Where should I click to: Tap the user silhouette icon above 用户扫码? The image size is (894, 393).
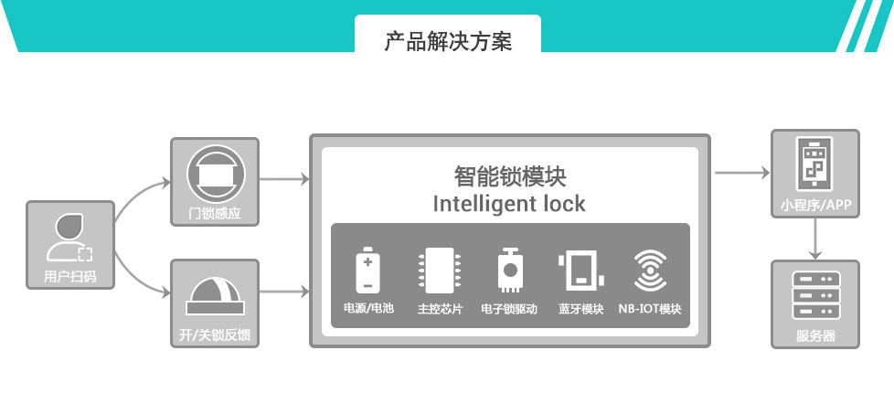click(70, 239)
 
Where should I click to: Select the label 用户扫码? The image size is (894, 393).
click(70, 275)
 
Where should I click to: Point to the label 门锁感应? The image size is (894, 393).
click(214, 216)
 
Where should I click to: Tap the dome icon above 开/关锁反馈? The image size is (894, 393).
click(214, 292)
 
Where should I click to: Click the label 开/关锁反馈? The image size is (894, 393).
click(214, 335)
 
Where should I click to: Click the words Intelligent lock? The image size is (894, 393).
click(509, 203)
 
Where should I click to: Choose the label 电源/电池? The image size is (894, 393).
click(368, 309)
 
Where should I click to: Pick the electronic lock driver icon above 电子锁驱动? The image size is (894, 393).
click(509, 270)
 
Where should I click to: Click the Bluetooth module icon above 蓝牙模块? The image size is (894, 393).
click(580, 270)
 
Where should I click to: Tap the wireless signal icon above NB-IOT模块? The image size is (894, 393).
click(649, 271)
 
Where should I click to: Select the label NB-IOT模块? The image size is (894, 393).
click(649, 309)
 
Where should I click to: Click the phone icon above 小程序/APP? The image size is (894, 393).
click(815, 164)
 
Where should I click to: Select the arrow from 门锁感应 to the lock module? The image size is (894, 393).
click(284, 178)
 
